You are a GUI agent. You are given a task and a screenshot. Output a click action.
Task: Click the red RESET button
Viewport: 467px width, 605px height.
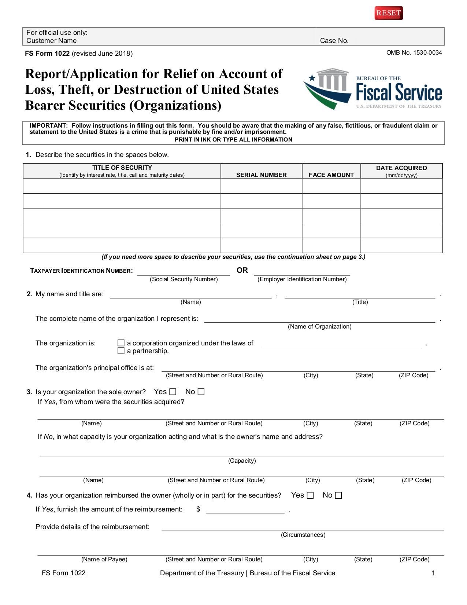[x=389, y=13]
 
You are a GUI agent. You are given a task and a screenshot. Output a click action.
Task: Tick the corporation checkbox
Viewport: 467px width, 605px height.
[x=121, y=343]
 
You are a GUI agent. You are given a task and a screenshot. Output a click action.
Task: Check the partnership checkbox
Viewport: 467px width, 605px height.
[x=121, y=351]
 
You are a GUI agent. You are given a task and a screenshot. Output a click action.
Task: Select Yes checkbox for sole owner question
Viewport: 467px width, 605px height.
[x=173, y=392]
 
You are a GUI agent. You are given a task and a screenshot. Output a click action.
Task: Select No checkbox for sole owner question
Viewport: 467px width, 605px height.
[x=201, y=392]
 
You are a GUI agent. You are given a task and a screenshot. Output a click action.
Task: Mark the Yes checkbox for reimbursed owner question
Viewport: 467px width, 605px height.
[x=310, y=495]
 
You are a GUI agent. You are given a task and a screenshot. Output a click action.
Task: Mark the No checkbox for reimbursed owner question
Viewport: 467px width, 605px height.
[x=338, y=495]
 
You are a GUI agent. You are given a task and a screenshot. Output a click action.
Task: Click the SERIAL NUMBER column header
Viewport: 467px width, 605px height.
[x=261, y=175]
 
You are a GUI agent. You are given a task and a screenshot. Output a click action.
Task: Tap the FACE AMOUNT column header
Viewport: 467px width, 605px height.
[x=331, y=175]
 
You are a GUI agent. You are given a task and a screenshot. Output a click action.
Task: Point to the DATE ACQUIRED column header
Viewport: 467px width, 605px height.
[x=401, y=168]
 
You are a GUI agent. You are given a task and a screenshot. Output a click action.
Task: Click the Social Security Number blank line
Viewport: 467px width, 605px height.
[x=184, y=272]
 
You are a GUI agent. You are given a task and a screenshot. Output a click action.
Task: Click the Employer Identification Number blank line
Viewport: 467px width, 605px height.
[x=302, y=272]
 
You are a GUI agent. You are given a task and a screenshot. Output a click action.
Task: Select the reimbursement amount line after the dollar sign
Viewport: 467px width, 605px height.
[x=245, y=510]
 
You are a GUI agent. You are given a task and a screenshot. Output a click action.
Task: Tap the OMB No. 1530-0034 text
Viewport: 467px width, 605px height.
[x=414, y=53]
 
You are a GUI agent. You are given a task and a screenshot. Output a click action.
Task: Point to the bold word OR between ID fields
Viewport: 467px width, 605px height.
[x=242, y=271]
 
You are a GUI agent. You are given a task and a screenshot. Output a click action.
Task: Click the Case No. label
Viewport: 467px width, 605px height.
[x=334, y=41]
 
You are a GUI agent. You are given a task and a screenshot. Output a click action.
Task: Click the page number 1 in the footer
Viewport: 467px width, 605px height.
[x=433, y=573]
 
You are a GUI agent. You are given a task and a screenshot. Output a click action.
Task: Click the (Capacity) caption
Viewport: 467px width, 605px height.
[x=242, y=461]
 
